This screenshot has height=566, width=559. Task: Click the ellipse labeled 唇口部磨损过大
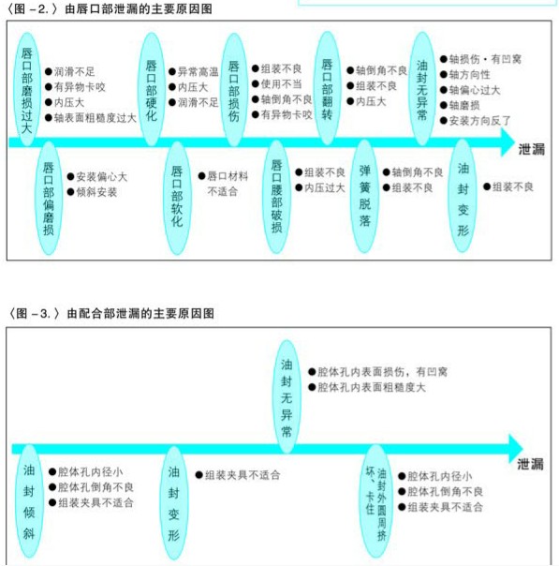[x=27, y=90]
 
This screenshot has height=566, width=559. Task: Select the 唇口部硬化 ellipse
[x=152, y=90]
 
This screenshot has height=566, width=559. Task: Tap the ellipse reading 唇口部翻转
[x=327, y=88]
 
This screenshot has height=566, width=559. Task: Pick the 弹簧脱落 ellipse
[x=364, y=197]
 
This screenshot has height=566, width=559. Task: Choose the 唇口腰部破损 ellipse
[x=276, y=197]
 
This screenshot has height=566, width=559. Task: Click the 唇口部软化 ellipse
[x=177, y=198]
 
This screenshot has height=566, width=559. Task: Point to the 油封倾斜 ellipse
[x=29, y=501]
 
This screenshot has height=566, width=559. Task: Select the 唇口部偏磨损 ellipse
[x=49, y=198]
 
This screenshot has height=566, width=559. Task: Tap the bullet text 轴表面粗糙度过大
[x=96, y=118]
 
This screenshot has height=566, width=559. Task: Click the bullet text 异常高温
[x=198, y=72]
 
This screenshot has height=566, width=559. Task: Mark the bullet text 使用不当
[x=281, y=84]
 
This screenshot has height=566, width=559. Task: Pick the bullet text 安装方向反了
[x=480, y=121]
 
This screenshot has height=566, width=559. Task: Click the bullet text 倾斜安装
[x=96, y=192]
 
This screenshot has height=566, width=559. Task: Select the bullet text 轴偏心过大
[x=475, y=90]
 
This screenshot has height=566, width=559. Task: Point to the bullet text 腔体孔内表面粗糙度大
[x=372, y=387]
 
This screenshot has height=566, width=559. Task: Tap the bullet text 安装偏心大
[x=102, y=177]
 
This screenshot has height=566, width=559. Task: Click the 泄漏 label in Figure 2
[x=532, y=149]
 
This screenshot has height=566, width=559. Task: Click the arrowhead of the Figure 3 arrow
[x=516, y=449]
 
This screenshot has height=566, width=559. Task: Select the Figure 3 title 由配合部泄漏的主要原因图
[x=140, y=313]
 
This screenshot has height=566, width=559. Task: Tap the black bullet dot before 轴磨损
[x=444, y=105]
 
